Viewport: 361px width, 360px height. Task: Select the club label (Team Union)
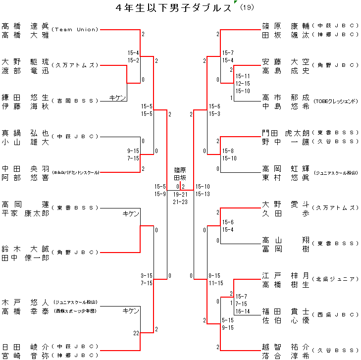click(75, 30)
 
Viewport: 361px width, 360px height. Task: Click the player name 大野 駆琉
click(25, 62)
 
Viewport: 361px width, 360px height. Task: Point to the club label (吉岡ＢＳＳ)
click(75, 101)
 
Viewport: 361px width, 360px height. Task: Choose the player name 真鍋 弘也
click(25, 133)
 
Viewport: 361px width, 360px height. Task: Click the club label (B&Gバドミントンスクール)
click(75, 172)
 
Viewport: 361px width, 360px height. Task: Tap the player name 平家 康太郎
click(25, 213)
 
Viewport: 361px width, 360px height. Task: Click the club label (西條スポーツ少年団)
click(75, 311)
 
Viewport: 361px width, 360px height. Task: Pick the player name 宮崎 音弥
click(25, 356)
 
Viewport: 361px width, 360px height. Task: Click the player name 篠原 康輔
click(286, 26)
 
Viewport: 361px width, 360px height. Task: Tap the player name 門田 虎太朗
click(286, 133)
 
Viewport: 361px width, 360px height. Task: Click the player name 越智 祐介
click(286, 347)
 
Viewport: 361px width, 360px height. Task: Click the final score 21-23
click(180, 202)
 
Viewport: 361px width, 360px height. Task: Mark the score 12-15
click(243, 84)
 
